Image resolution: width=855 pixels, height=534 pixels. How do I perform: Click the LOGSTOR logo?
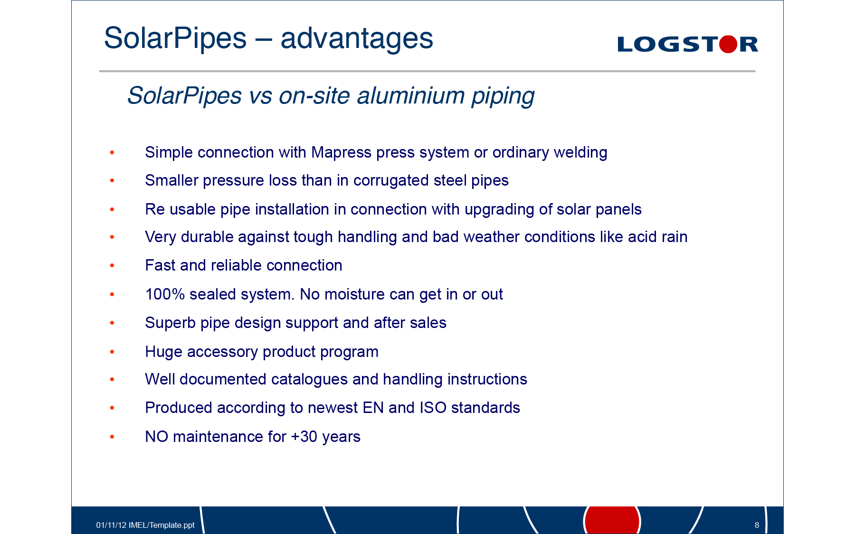[687, 44]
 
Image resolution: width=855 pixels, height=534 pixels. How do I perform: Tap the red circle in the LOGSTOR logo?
[728, 44]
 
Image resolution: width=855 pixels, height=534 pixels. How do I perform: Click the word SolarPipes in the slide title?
[175, 38]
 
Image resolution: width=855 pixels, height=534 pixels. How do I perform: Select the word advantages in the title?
[357, 38]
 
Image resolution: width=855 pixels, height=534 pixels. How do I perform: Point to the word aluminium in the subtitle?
[411, 95]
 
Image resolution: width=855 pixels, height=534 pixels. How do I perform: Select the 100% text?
[165, 294]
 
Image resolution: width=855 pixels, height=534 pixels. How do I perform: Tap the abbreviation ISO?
[433, 408]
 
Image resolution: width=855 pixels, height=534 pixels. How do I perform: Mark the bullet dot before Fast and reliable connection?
[112, 266]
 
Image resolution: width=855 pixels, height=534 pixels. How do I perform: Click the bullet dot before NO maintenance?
[112, 437]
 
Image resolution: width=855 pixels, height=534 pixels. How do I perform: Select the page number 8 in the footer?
[757, 525]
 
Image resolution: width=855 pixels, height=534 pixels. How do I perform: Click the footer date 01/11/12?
[111, 525]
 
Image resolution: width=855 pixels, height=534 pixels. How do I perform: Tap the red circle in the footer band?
[612, 520]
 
